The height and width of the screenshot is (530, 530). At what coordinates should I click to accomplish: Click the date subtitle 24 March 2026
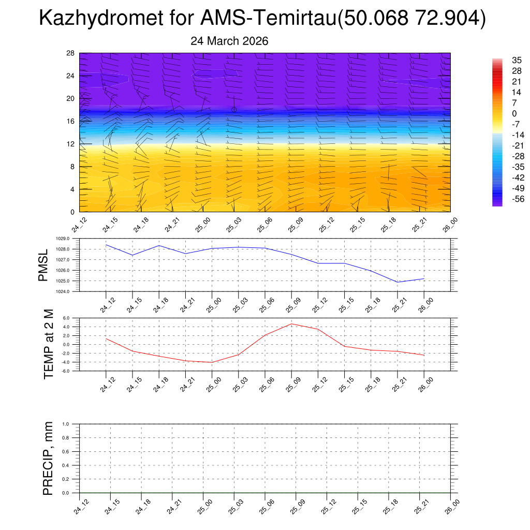point(229,41)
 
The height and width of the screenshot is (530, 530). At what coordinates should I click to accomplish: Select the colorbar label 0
point(499,113)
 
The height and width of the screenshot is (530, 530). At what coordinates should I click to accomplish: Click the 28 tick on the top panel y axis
point(71,53)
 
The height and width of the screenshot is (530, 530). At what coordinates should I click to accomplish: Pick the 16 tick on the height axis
point(71,121)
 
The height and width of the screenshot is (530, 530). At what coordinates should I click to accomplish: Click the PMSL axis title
point(43,265)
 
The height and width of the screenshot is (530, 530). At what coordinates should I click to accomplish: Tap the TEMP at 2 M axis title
point(49,344)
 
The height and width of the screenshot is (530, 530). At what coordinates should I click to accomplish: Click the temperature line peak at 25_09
point(291,324)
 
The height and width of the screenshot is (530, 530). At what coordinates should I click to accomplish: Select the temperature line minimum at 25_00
point(212,362)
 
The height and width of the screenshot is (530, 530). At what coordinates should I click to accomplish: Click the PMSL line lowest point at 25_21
point(397,282)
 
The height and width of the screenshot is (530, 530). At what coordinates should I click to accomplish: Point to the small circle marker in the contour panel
point(234,110)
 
